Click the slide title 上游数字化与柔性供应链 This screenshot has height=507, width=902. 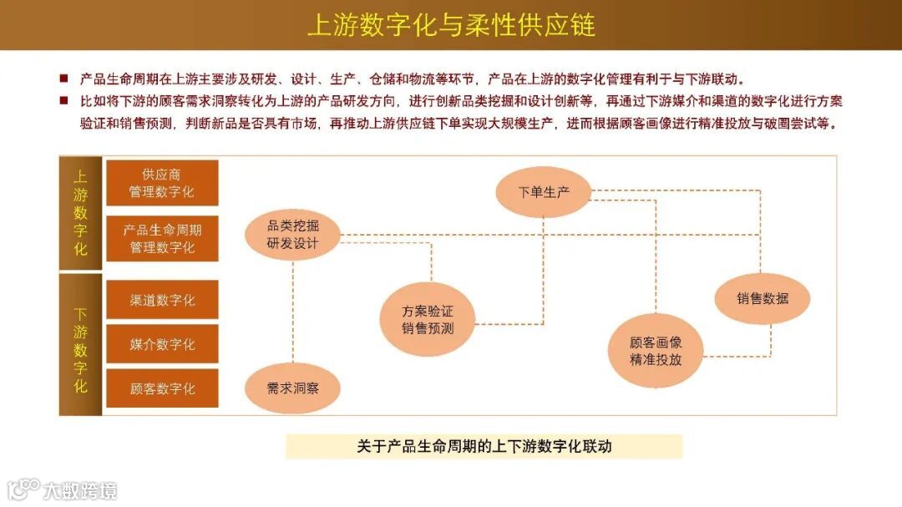coord(451,25)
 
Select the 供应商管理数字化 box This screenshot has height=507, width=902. coord(162,183)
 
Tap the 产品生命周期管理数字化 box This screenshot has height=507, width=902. coord(162,238)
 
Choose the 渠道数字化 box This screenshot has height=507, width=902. coord(162,300)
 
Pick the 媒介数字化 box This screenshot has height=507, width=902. coord(162,344)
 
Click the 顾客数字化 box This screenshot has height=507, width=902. coord(162,388)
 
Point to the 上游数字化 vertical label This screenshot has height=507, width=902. coord(80,213)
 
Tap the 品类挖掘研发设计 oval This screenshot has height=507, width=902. coord(292,235)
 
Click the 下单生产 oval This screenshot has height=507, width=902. coord(544,192)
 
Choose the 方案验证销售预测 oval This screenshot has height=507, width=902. coord(428,320)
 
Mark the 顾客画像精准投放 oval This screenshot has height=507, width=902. coord(656,351)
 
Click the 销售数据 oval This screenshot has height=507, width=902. coord(762,298)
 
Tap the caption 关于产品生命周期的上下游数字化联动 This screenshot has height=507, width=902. coord(484,446)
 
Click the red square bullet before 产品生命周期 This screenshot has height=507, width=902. coord(63,79)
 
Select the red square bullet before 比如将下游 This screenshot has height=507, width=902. coord(63,101)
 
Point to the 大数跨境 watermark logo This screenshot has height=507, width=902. coord(63,489)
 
